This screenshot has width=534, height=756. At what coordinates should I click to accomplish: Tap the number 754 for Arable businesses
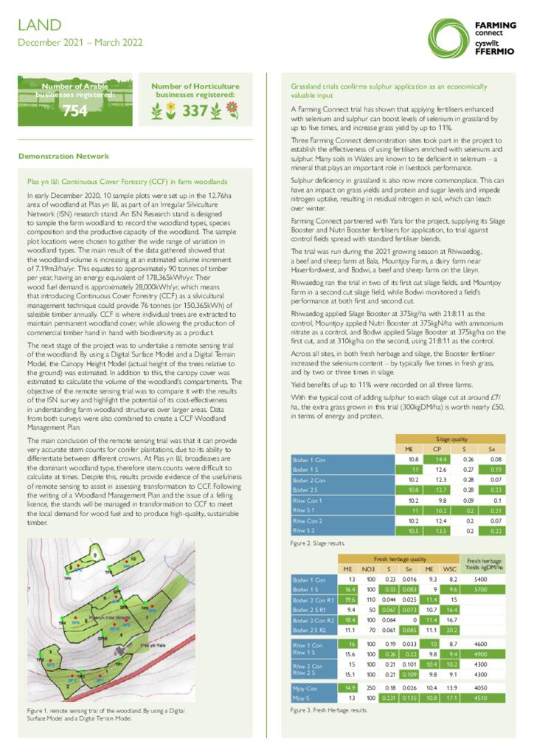pyautogui.click(x=74, y=111)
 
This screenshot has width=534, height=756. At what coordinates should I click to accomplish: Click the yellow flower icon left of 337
pyautogui.click(x=170, y=111)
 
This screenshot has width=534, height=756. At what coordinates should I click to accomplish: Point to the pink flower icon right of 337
pyautogui.click(x=232, y=110)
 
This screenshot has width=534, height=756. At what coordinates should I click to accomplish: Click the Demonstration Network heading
pyautogui.click(x=63, y=156)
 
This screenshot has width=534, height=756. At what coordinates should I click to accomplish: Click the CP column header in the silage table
pyautogui.click(x=437, y=448)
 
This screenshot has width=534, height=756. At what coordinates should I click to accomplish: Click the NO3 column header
pyautogui.click(x=368, y=568)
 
